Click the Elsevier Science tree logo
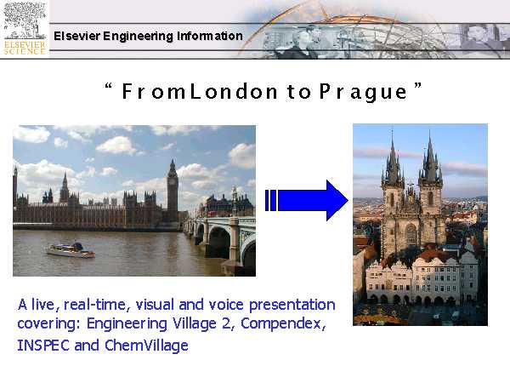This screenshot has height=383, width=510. tap(25, 29)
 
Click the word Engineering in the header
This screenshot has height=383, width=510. tap(138, 36)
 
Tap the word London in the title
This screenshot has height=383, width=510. tap(234, 92)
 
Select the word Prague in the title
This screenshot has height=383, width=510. tap(363, 92)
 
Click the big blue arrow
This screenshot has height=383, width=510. tap(306, 200)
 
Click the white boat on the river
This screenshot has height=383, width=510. tap(71, 250)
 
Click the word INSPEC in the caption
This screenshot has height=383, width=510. tap(43, 346)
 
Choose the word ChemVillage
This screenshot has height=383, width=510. tap(146, 346)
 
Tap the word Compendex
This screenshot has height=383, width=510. tap(283, 323)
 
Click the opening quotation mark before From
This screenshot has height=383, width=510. tap(109, 86)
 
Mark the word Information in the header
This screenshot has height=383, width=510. tap(210, 36)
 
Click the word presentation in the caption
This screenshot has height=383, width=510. tap(292, 306)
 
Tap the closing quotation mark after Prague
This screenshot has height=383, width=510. tap(418, 86)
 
